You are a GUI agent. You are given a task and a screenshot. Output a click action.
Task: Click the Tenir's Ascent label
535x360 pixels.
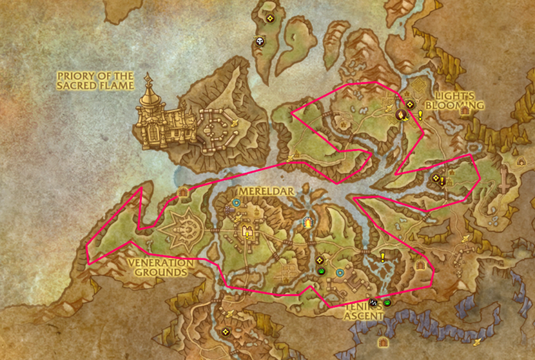point(364,311)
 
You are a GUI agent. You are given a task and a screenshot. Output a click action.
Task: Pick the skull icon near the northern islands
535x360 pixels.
point(261,42)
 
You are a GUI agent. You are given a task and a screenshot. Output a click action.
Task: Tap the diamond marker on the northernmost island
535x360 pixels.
point(270,18)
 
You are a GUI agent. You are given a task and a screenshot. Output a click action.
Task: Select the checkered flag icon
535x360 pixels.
point(373,302)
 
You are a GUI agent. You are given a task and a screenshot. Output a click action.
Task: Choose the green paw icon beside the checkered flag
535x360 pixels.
point(387,302)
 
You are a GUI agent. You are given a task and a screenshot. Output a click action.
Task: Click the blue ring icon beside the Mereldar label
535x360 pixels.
point(236,203)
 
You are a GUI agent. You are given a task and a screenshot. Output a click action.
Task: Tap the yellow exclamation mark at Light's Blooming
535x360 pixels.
point(420,114)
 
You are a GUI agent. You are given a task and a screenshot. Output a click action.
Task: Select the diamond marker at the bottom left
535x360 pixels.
point(227,332)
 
